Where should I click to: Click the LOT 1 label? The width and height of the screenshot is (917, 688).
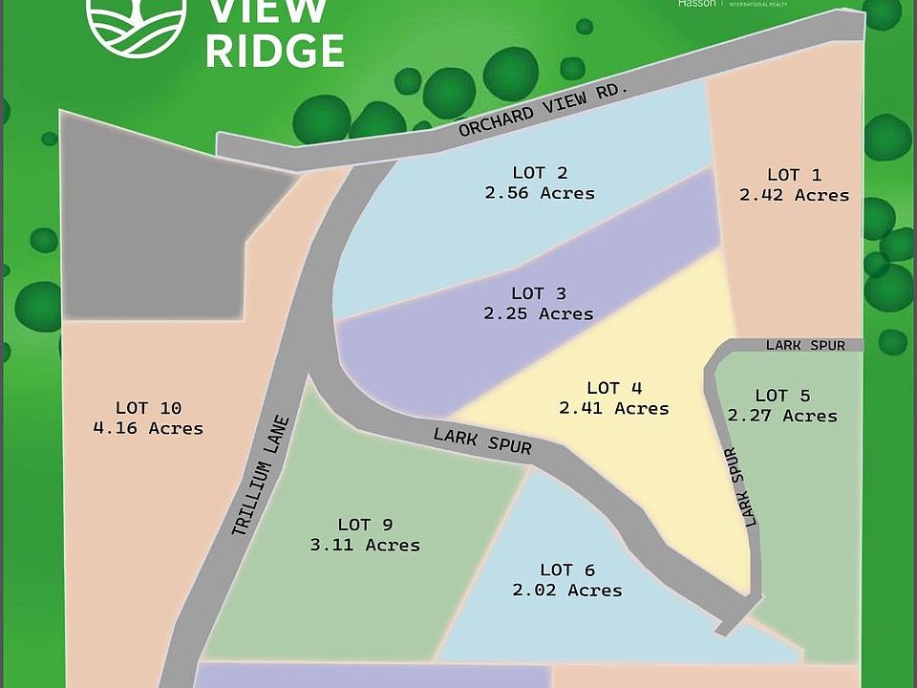tap(795, 174)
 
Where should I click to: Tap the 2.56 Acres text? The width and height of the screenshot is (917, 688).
tap(539, 193)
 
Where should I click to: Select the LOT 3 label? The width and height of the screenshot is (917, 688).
tap(540, 292)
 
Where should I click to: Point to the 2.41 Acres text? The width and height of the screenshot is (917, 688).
tap(614, 408)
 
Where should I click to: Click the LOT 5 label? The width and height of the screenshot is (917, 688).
tap(782, 395)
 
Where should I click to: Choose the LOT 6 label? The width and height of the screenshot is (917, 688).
tap(567, 570)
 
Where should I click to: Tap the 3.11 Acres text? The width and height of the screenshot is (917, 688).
tap(365, 545)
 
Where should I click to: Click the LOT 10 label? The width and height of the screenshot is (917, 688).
tap(148, 407)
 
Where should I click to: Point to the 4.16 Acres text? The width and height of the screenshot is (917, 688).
tap(148, 428)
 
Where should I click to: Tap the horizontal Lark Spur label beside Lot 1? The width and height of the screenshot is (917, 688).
tap(805, 345)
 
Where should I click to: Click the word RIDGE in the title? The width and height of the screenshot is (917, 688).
tap(274, 51)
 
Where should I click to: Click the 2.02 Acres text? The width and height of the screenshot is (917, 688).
tap(567, 591)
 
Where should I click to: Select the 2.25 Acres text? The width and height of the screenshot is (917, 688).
tap(539, 313)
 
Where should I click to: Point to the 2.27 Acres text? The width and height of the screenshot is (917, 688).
tap(782, 416)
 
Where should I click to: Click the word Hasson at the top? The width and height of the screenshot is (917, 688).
tap(696, 4)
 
